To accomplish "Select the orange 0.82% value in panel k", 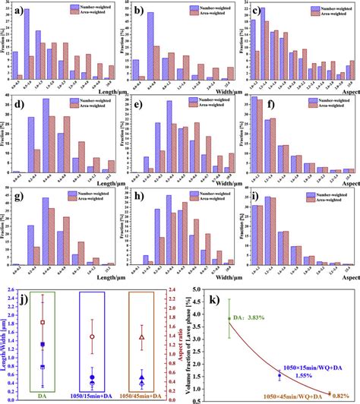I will point(337,396).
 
